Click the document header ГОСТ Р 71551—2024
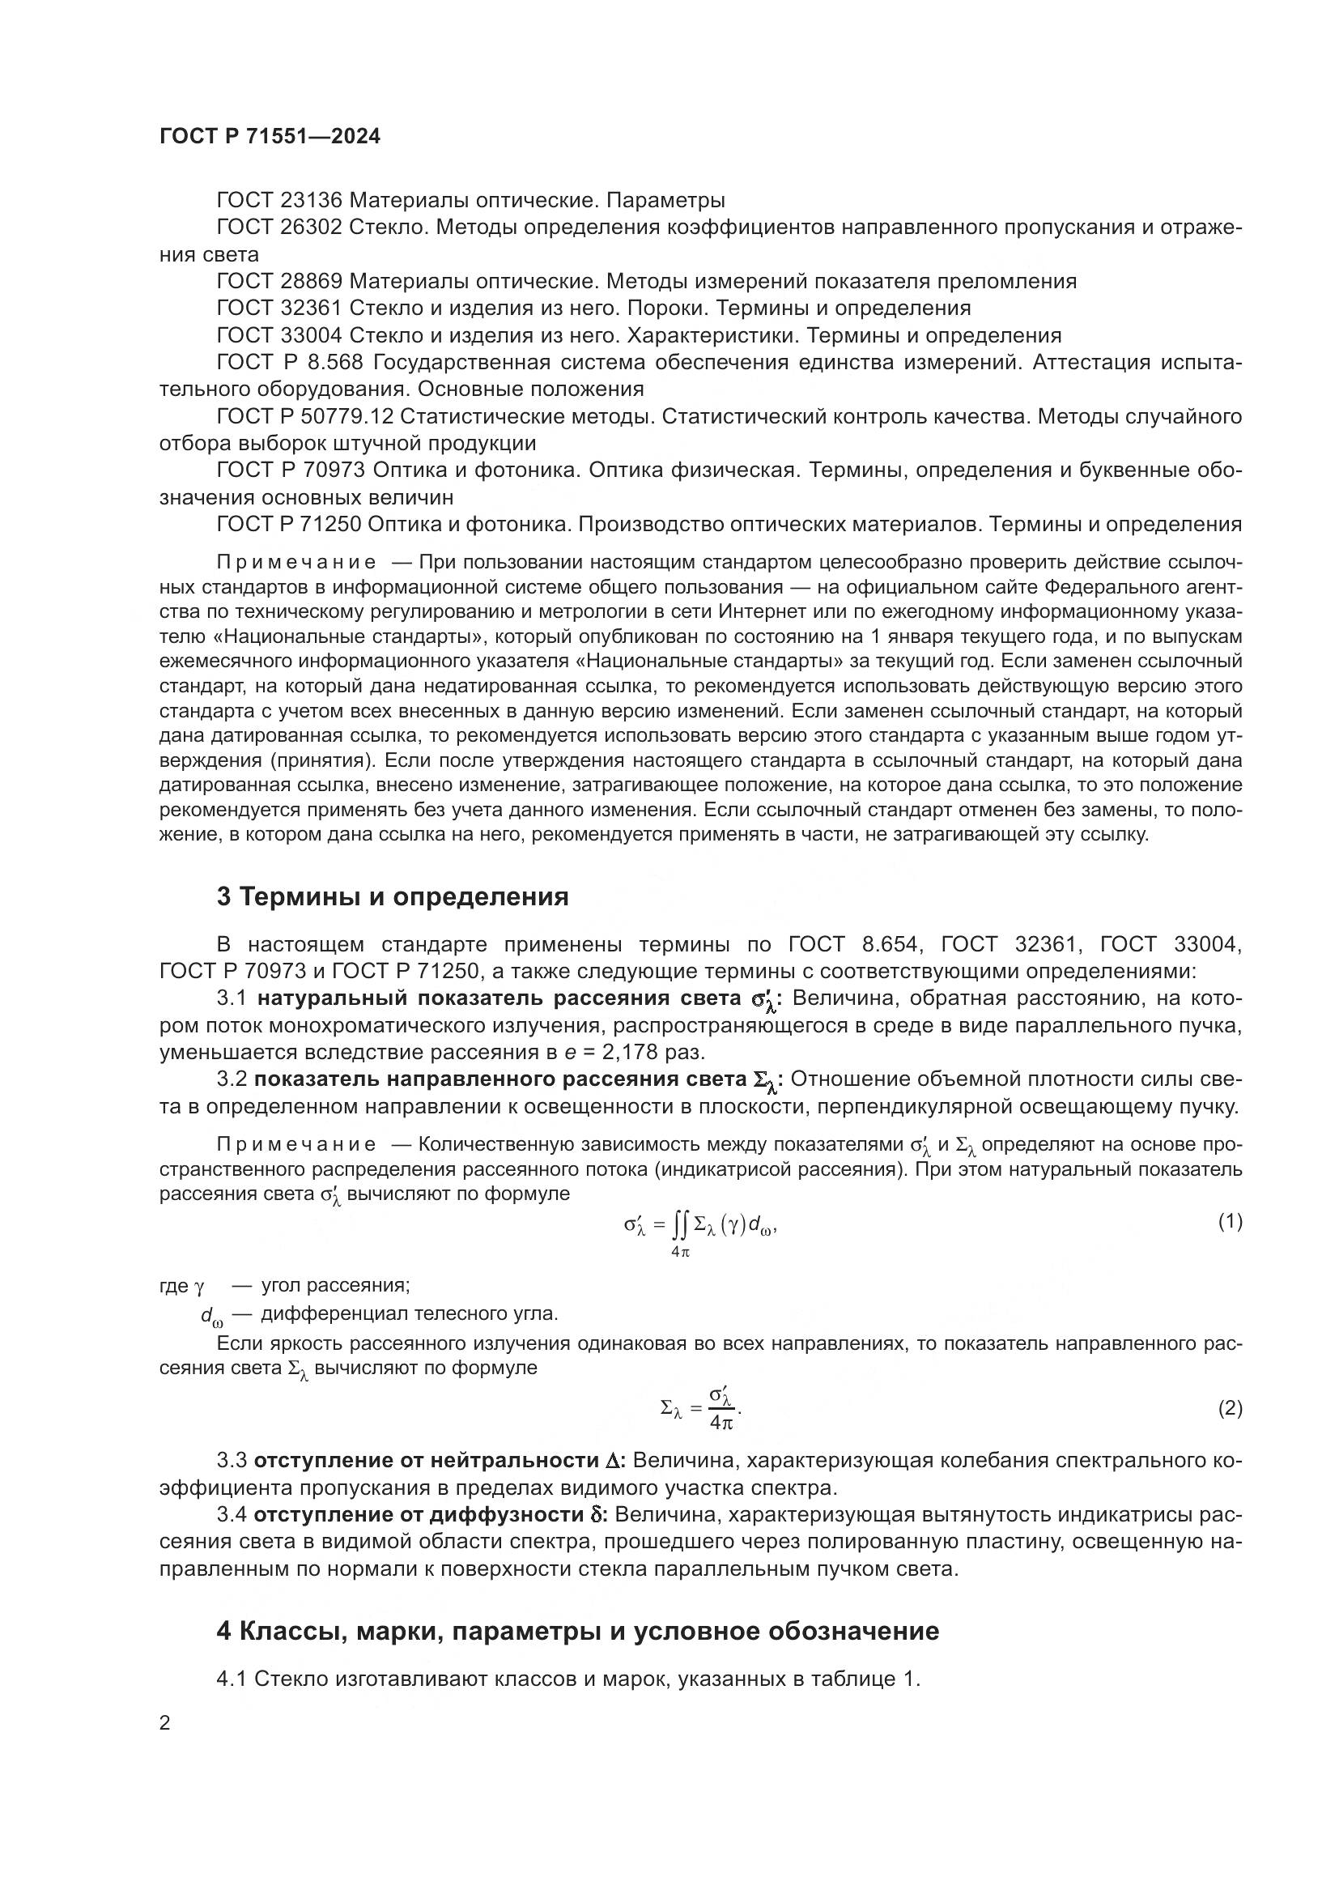pos(270,137)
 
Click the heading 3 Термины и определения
pos(393,897)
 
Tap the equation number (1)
pos(1230,1223)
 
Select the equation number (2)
pos(1230,1409)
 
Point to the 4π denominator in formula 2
pos(721,1422)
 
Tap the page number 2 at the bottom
pos(165,1724)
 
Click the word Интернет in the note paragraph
pos(754,612)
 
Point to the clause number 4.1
pos(232,1679)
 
